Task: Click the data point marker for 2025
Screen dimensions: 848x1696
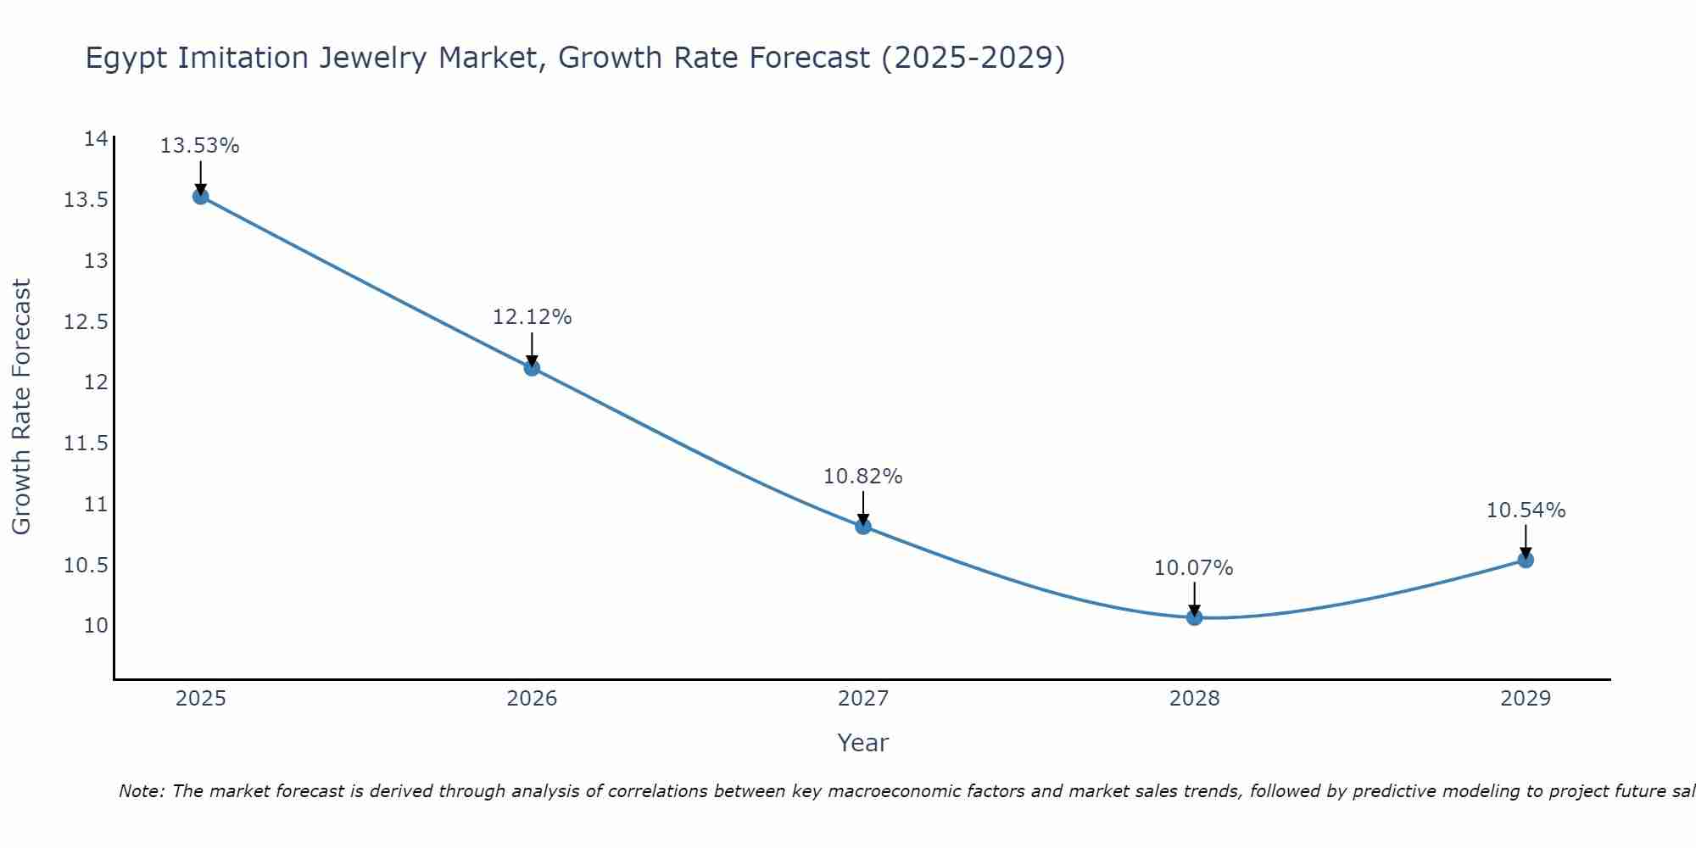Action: pos(200,197)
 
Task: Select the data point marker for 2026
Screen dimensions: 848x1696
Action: pos(532,368)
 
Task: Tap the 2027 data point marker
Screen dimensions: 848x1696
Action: pos(863,527)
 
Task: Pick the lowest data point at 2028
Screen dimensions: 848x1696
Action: pos(1194,617)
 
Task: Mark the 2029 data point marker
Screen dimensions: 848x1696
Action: pos(1526,560)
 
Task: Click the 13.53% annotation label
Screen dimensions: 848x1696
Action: pos(200,146)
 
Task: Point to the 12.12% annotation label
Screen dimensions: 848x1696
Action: pos(532,317)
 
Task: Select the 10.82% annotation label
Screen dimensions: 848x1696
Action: pos(863,477)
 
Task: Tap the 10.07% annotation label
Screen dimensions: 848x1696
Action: pos(1194,568)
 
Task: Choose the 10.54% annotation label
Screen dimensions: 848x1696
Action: pos(1526,510)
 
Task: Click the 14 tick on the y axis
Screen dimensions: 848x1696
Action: pos(96,139)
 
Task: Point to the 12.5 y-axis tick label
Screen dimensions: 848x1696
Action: pos(86,322)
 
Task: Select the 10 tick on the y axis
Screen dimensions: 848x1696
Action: pos(96,626)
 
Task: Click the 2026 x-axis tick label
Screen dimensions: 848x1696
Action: pos(532,699)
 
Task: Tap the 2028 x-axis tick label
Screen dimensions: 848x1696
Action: pos(1194,699)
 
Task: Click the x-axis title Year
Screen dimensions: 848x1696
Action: pos(863,743)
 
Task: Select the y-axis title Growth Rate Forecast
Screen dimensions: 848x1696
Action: pos(21,407)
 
